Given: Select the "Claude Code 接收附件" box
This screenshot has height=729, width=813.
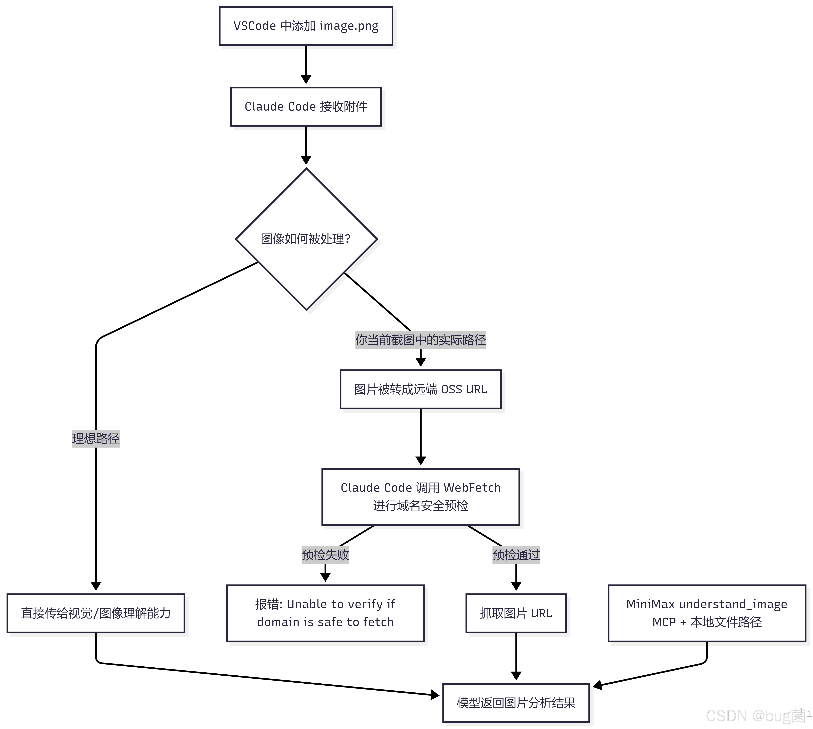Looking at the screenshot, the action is (306, 106).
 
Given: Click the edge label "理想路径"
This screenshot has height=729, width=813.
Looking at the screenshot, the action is (96, 438).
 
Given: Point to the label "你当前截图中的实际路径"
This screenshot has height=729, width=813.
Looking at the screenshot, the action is (421, 340).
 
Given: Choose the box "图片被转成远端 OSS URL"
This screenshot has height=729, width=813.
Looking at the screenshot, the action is (421, 389).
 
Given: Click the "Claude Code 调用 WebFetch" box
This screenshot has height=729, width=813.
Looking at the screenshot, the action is (421, 497).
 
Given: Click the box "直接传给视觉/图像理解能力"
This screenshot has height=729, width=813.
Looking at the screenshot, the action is (96, 613).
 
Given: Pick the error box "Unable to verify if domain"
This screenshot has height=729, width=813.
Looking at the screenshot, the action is (325, 613).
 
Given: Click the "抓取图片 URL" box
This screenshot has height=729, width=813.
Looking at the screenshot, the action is (516, 613).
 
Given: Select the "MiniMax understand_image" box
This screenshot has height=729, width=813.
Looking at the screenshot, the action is (707, 613).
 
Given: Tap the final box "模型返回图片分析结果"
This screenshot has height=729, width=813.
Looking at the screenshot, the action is (516, 703).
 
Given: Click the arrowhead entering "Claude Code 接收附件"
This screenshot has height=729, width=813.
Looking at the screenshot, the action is (306, 79).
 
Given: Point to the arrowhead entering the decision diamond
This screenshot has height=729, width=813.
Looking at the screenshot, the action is (306, 160).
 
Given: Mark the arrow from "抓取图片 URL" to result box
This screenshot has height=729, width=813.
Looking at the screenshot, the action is (516, 657).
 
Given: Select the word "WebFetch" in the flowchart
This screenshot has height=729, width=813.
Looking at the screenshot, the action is (472, 487).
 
